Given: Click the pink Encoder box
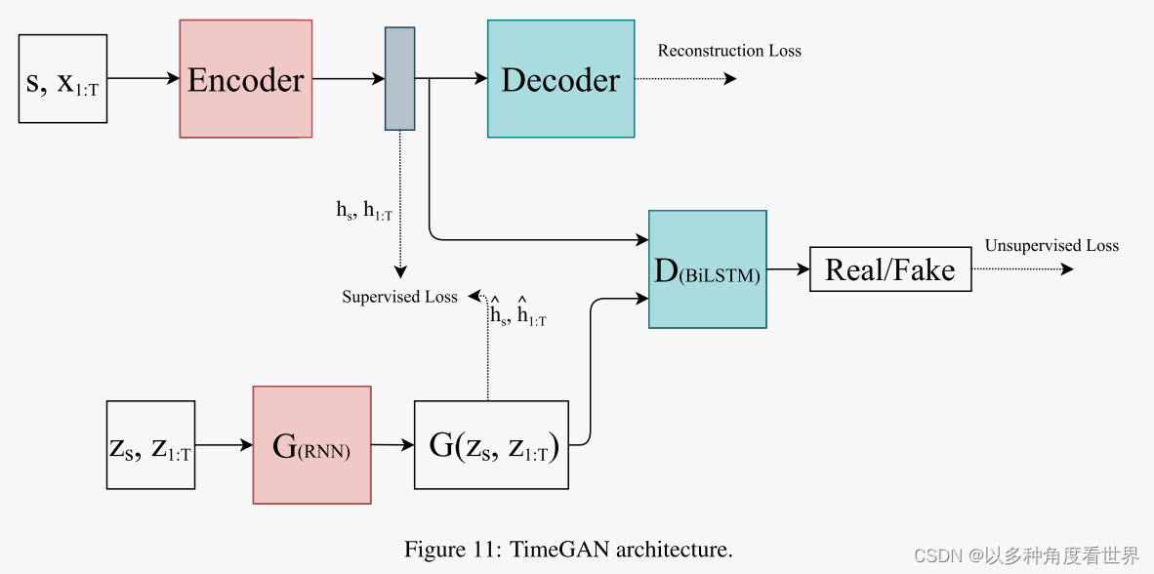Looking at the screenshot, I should (x=246, y=79).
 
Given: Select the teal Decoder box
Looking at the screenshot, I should (x=560, y=79).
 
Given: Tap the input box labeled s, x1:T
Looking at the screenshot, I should (x=62, y=79).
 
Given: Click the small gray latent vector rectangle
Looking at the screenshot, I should (x=399, y=78).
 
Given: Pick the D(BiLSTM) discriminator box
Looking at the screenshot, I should (x=708, y=268).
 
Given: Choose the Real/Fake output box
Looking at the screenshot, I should (x=890, y=269).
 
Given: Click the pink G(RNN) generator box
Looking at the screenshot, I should (x=311, y=445).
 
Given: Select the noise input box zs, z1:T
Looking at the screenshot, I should (x=150, y=445).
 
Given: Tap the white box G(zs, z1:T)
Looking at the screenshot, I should (x=491, y=445).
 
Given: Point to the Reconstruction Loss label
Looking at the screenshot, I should (x=729, y=51).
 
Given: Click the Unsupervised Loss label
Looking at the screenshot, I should (x=1051, y=246).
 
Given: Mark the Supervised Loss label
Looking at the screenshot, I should (x=399, y=297).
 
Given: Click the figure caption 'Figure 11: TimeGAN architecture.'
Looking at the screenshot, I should (x=568, y=550).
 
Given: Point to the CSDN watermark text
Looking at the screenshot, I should (x=1026, y=555).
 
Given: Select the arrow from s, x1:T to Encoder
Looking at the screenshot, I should (x=143, y=79).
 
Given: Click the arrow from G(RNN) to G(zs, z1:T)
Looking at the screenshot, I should (x=392, y=445).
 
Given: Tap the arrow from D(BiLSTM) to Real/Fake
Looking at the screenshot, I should (x=788, y=269).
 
